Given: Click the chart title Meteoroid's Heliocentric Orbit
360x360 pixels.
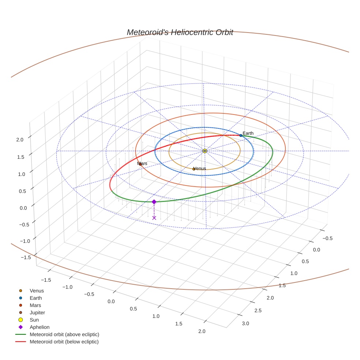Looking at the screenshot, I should click(x=180, y=32).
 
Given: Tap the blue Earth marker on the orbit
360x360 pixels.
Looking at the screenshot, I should click(x=241, y=135).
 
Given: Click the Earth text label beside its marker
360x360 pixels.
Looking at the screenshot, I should click(x=248, y=133).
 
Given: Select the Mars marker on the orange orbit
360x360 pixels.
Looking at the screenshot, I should click(x=140, y=164).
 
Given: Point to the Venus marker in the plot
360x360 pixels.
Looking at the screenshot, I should click(x=194, y=169).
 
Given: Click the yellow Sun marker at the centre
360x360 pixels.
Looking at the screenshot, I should click(x=205, y=151).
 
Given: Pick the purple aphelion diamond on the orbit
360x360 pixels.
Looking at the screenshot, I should click(x=154, y=202).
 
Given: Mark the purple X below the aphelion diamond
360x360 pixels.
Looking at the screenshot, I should click(x=154, y=218).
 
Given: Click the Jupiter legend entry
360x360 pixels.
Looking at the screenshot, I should click(x=37, y=312).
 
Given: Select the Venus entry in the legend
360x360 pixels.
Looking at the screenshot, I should click(x=37, y=291).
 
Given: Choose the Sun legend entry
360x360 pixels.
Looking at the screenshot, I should click(x=34, y=320).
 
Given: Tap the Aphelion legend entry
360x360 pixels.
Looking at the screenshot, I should click(x=40, y=327).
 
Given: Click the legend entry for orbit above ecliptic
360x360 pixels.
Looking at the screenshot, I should click(x=64, y=334).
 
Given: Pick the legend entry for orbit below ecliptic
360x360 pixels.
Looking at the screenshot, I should click(x=64, y=342).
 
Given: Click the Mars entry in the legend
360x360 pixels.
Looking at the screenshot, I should click(x=35, y=305).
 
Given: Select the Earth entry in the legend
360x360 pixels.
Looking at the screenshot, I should click(x=36, y=298).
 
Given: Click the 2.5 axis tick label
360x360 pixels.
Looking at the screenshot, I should click(x=258, y=311).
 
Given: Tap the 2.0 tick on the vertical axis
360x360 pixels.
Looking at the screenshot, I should click(x=20, y=139).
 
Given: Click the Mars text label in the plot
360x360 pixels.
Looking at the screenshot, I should click(x=142, y=164).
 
